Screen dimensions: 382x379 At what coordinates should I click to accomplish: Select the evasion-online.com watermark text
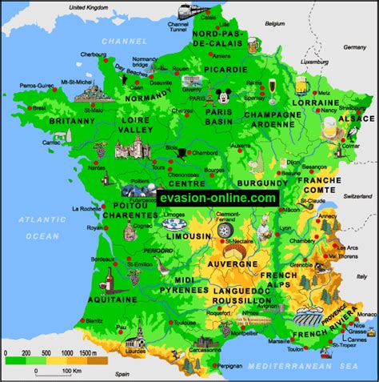217,197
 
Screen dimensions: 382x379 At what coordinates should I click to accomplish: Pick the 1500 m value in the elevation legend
90,352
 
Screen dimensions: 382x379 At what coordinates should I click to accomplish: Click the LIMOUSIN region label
184,237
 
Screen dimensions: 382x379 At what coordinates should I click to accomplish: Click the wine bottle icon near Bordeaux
104,279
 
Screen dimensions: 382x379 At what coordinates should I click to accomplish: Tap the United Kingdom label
89,6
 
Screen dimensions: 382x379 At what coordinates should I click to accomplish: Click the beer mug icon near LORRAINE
301,84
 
